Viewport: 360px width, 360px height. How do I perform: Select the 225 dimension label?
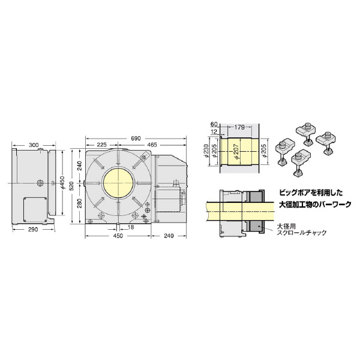point(101,145)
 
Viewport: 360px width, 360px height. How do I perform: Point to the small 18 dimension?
point(131,227)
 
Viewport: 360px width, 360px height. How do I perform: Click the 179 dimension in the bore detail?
point(239,127)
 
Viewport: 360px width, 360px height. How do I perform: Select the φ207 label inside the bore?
point(236,148)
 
